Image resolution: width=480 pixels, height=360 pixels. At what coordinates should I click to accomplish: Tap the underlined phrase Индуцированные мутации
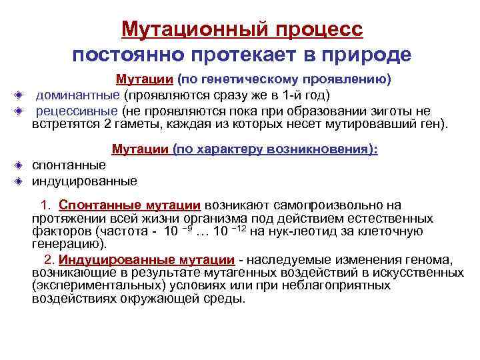pos(146,259)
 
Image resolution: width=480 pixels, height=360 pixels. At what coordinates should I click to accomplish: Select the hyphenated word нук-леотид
pos(299,231)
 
